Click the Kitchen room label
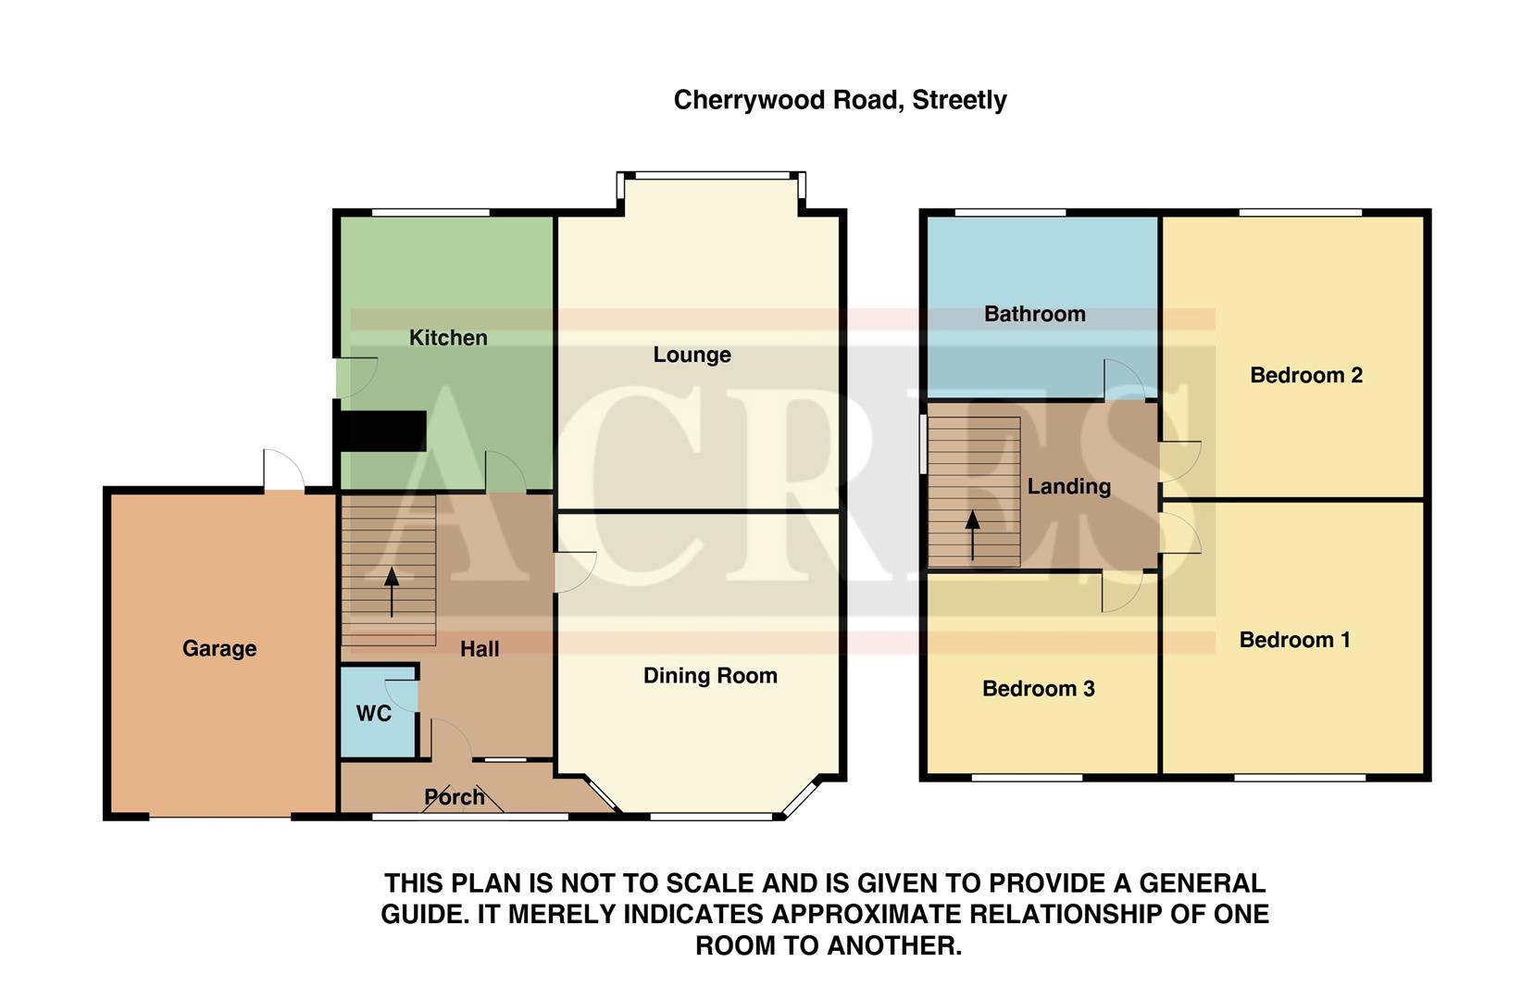tap(448, 338)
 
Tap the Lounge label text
tap(692, 355)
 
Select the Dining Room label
tap(710, 676)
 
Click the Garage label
tap(219, 649)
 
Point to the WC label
tap(374, 714)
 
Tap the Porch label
tap(454, 797)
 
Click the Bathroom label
tap(1034, 314)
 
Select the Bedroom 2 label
tap(1305, 375)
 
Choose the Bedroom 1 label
tap(1294, 640)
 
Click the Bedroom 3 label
tap(1038, 689)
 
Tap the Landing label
tap(1068, 486)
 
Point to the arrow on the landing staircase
tap(972, 534)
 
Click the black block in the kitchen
tap(380, 431)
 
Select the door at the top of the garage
tap(283, 470)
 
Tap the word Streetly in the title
tap(959, 100)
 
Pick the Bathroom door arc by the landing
tap(1123, 380)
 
